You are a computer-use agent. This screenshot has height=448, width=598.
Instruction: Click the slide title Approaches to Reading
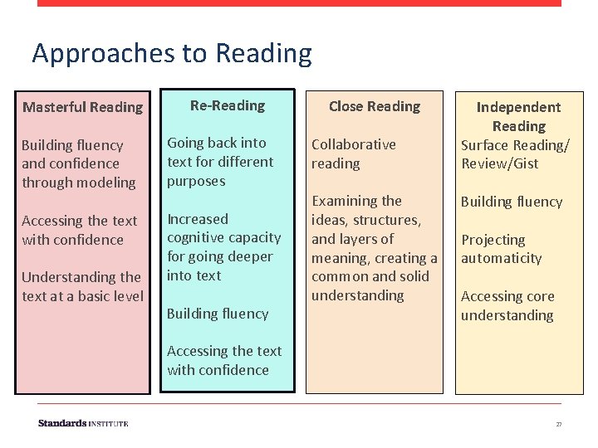(x=172, y=53)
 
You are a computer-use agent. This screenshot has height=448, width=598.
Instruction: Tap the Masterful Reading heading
(x=82, y=107)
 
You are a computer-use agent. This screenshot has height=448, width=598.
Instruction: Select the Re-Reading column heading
(x=227, y=105)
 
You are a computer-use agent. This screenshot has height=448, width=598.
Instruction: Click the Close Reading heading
(x=374, y=106)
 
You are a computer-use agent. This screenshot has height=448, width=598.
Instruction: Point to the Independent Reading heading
(x=518, y=116)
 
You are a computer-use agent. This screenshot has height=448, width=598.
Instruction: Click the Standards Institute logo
(x=83, y=423)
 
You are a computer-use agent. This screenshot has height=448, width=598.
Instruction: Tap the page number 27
(x=559, y=424)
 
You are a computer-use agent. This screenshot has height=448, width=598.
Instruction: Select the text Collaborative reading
(x=353, y=153)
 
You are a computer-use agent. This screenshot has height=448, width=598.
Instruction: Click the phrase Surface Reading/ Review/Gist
(x=515, y=153)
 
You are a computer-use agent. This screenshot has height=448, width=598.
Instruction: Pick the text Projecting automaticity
(x=502, y=249)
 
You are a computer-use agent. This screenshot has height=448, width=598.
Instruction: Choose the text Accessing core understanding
(x=507, y=305)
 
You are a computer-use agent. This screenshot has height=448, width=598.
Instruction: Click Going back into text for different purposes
(x=220, y=162)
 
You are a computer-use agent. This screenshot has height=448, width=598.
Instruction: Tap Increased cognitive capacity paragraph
(x=223, y=247)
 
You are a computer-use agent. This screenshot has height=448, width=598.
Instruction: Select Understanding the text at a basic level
(x=82, y=286)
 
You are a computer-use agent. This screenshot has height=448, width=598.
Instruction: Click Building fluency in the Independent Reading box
(x=512, y=202)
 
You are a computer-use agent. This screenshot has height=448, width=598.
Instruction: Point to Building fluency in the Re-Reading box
(x=218, y=314)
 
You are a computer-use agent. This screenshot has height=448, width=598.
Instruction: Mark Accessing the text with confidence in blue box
(x=224, y=360)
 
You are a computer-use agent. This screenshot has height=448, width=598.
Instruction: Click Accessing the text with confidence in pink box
(x=79, y=230)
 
